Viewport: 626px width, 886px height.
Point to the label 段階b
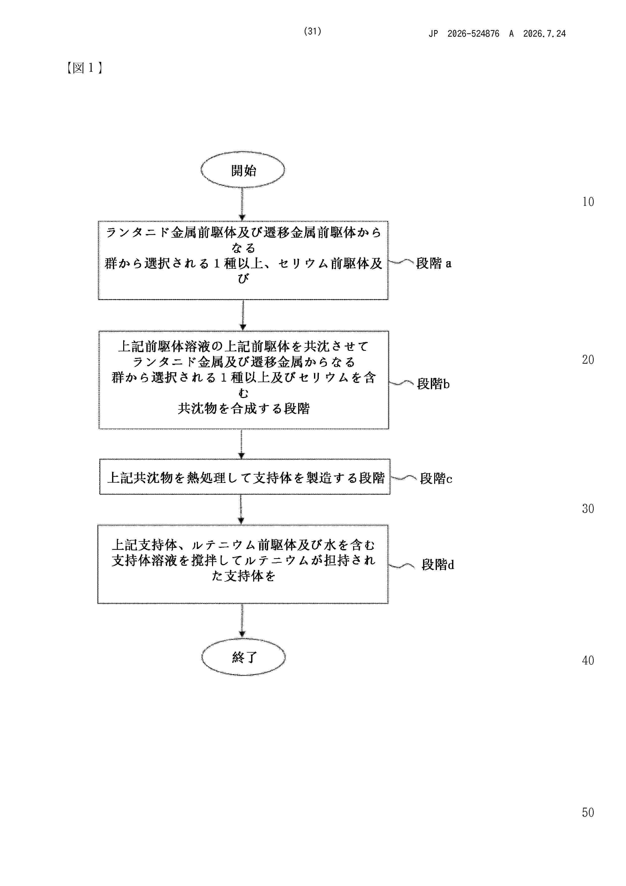433,384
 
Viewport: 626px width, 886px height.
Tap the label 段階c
436,479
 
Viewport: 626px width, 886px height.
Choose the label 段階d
438,564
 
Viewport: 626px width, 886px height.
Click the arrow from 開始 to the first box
242,204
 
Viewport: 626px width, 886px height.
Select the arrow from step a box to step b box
243,315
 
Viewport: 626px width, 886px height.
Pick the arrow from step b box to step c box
242,444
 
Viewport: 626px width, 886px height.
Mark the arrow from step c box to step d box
241,509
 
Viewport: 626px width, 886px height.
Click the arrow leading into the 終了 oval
242,621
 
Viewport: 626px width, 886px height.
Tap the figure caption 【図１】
85,68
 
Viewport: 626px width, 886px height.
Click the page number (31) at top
312,31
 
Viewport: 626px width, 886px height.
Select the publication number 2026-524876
473,34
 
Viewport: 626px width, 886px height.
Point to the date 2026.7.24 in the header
544,34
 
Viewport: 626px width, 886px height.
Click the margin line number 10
588,202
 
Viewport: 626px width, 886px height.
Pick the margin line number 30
588,509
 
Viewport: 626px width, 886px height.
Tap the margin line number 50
588,812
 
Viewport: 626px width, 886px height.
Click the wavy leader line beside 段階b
402,383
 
